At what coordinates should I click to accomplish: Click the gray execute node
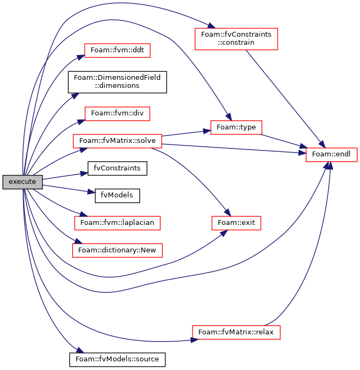[22, 182]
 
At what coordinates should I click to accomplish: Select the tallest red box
[236, 39]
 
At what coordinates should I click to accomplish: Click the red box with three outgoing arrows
[117, 141]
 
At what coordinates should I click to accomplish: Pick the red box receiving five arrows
[331, 155]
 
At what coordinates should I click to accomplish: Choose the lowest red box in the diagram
[236, 332]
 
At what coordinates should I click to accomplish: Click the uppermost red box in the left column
[117, 51]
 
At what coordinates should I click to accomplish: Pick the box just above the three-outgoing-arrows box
[117, 114]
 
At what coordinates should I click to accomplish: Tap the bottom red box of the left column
[117, 250]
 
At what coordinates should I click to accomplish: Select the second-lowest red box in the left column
[117, 223]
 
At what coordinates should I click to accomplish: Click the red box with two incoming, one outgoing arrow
[236, 127]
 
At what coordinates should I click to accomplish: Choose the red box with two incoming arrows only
[236, 223]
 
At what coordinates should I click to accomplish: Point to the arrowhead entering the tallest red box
[211, 26]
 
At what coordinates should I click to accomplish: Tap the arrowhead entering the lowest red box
[195, 340]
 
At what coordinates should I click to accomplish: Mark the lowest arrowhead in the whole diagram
[80, 351]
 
